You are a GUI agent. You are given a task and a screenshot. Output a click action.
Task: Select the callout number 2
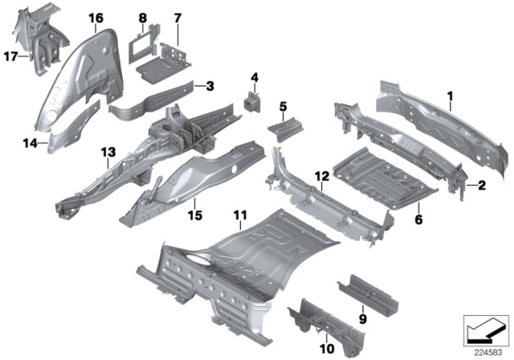(x=482, y=186)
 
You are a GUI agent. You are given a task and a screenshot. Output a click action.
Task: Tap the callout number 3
(x=209, y=85)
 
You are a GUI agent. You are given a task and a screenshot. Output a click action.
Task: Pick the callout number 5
(x=283, y=106)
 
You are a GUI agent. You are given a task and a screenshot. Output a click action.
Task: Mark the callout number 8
(x=142, y=17)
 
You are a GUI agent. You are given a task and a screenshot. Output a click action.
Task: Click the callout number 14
(x=31, y=143)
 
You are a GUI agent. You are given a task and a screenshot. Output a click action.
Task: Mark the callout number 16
(x=96, y=17)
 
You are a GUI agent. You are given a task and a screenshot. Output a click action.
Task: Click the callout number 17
(x=11, y=55)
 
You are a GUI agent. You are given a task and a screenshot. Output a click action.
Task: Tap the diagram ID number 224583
(x=486, y=350)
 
